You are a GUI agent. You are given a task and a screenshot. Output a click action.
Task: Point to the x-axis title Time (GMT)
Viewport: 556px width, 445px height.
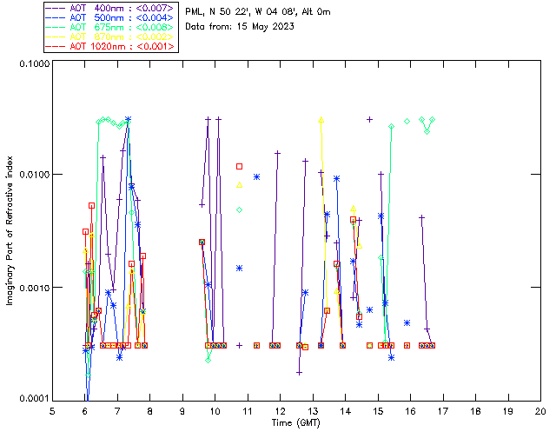296,422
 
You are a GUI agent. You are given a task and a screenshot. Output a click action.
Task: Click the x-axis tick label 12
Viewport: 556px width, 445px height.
280,410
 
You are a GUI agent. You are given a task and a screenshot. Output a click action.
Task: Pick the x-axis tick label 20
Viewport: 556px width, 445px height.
540,410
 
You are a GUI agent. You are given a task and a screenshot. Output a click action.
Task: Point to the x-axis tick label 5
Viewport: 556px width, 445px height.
52,410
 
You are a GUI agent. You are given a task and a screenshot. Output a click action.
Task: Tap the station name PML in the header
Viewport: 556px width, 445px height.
195,11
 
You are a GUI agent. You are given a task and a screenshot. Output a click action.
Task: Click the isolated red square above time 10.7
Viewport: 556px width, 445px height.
240,166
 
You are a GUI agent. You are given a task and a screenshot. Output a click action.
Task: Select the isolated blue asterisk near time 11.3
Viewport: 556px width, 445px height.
256,177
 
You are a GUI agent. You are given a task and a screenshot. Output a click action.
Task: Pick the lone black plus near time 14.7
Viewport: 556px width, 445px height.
370,120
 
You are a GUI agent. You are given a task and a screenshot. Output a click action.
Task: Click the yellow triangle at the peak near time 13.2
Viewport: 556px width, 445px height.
321,120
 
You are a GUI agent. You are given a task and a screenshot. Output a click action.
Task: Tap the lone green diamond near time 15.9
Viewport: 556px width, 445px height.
407,121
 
